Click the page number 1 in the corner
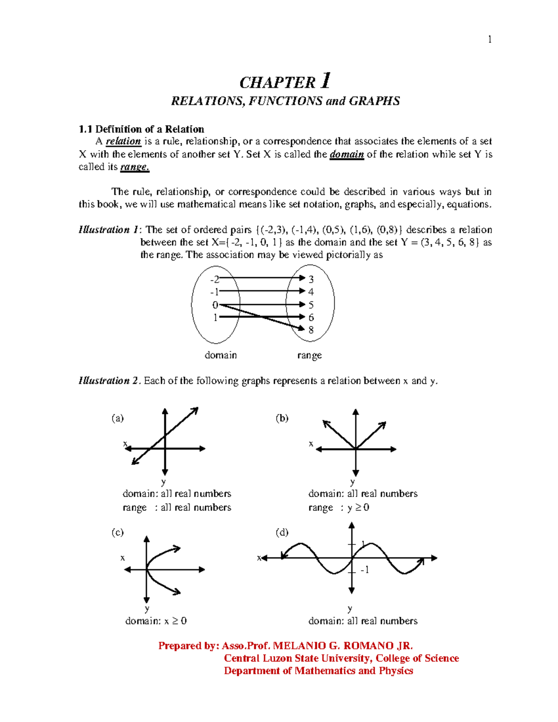tap(490, 40)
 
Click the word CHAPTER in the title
tap(278, 83)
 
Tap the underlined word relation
tap(123, 141)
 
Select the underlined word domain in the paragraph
tap(346, 154)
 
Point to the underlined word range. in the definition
tap(134, 167)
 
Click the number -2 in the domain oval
tap(214, 279)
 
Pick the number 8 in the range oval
tap(311, 330)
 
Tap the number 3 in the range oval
tap(311, 279)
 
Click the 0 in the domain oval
tap(215, 305)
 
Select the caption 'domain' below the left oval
tap(221, 355)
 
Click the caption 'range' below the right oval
tap(309, 356)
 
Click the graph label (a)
tap(118, 418)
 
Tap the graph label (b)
tap(282, 418)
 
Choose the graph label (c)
tap(118, 532)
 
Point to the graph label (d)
tap(282, 532)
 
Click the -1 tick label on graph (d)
tap(365, 570)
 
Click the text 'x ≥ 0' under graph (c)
tap(176, 621)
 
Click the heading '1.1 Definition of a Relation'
tap(141, 129)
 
